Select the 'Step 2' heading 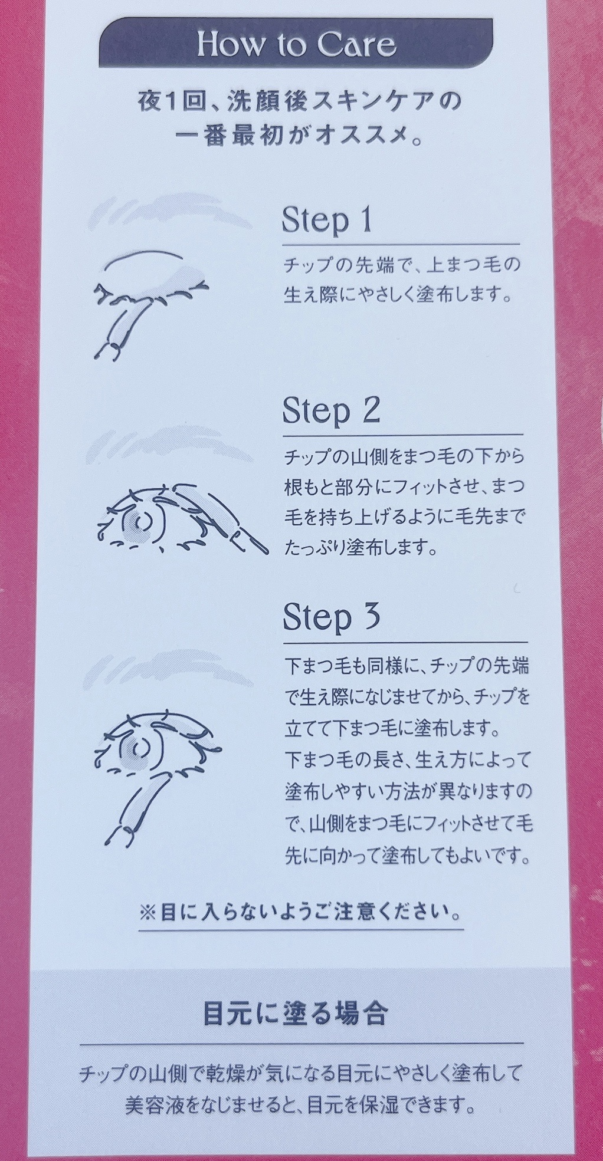pyautogui.click(x=331, y=411)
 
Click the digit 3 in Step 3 pyautogui.click(x=371, y=616)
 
